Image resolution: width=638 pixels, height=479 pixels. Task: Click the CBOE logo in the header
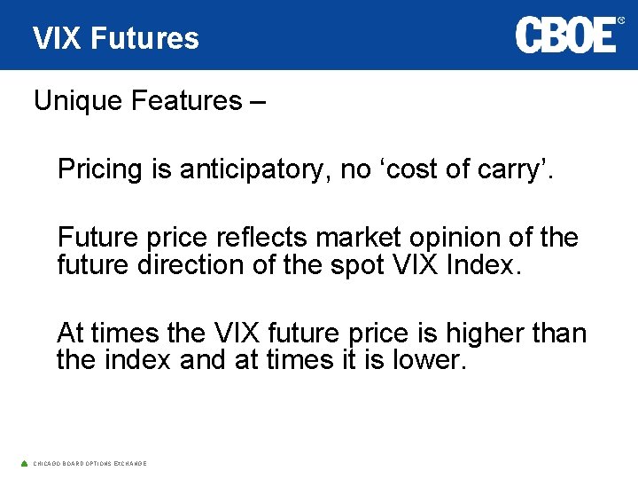(x=565, y=35)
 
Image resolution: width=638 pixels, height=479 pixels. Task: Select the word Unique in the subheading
(x=78, y=101)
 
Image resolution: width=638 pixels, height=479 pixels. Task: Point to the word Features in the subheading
(x=182, y=101)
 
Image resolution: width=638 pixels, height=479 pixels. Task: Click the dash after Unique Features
(x=256, y=102)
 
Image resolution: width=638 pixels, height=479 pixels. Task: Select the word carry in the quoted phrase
(x=514, y=169)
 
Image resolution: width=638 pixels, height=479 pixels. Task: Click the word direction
(x=194, y=264)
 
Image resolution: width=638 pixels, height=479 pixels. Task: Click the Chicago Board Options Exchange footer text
(x=89, y=464)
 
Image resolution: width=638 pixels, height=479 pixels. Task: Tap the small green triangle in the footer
(x=24, y=463)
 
